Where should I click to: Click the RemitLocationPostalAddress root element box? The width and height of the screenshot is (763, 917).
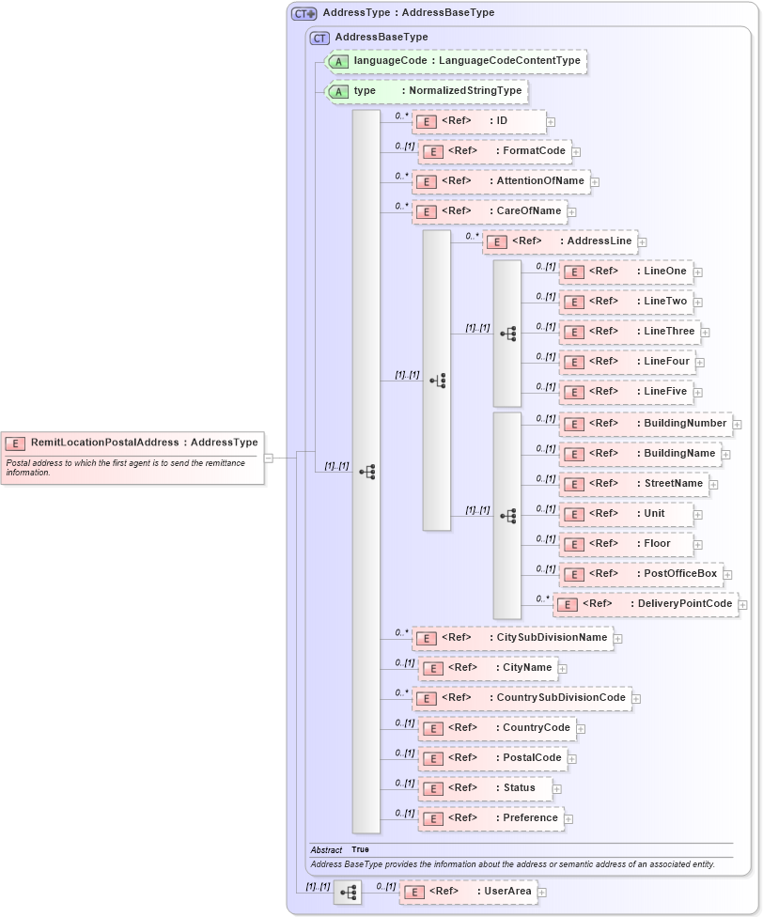coord(132,443)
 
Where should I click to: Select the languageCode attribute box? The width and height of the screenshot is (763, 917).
coord(457,61)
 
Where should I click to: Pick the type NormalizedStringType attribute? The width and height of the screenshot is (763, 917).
coord(427,91)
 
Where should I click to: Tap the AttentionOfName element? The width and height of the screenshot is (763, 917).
coord(501,181)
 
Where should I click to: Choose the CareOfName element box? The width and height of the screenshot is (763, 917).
coord(490,211)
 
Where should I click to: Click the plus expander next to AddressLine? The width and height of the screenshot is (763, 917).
coord(643,242)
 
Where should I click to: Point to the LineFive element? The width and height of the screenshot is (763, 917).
coord(626,392)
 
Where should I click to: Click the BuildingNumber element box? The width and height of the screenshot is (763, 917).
coord(646,424)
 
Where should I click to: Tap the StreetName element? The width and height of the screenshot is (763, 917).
coord(633,484)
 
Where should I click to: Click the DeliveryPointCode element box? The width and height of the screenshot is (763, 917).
coord(646,604)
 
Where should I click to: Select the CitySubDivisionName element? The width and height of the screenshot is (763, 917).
coord(512,638)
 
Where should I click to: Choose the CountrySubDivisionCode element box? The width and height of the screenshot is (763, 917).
coord(522,698)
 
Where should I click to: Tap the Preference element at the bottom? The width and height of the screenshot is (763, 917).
coord(490,818)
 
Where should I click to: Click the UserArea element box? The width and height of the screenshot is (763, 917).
coord(468,892)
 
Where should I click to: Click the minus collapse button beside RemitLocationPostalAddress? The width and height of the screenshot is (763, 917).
coord(269,458)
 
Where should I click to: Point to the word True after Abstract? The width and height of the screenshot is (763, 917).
coord(360,849)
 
